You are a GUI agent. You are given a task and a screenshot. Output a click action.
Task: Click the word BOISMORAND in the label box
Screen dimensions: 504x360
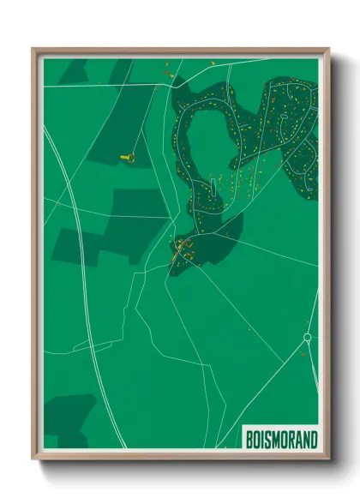click(x=281, y=440)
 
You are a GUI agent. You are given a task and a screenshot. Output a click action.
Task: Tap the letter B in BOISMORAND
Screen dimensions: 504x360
click(x=250, y=440)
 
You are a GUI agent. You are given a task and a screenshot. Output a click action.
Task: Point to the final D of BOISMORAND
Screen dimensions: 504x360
click(x=313, y=440)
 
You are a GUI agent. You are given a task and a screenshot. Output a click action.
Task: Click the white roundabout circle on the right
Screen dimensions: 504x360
click(x=306, y=338)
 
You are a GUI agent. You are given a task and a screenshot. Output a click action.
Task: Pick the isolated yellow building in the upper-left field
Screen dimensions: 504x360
click(x=131, y=157)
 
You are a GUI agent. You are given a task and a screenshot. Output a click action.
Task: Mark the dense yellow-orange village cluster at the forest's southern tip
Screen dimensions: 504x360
click(x=183, y=250)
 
